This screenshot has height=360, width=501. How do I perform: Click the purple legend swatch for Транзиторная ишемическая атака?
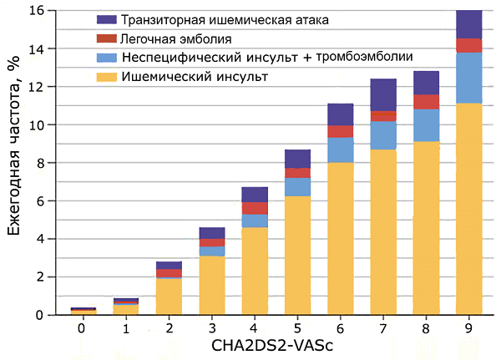105,19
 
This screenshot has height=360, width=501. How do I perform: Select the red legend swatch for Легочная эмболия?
105,38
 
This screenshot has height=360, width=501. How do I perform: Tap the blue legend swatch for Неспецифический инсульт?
105,57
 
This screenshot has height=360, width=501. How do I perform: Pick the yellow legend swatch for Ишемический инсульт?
105,76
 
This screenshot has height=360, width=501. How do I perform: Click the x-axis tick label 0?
82,327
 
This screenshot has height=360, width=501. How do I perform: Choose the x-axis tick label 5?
296,327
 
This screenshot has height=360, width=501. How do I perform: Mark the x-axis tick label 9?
468,327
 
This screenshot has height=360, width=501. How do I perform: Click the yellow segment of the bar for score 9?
468,209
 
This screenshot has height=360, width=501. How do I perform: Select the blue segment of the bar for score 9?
468,79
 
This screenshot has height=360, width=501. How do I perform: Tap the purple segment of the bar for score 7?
382,94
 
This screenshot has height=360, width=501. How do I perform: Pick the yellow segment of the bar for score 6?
340,238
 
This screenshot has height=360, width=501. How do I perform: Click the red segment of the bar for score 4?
254,208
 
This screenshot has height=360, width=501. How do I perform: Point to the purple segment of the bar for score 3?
211,232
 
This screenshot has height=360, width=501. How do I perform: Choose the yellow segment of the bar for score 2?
168,297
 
